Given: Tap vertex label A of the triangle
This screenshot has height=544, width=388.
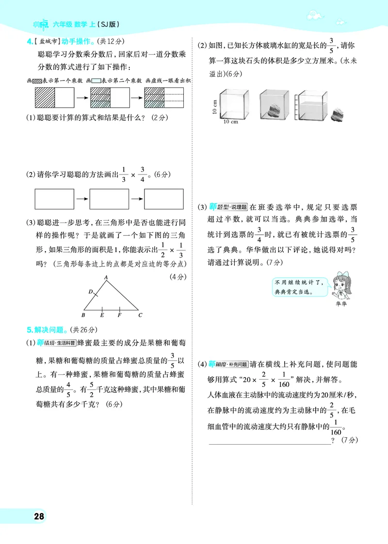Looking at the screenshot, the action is tap(105, 277).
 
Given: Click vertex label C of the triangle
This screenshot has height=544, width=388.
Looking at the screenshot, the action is tap(140, 315).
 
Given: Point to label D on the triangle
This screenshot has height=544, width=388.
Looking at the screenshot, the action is tap(91, 292).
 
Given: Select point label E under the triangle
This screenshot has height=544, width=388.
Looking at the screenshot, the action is tap(102, 315).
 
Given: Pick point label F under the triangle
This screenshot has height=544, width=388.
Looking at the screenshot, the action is tap(119, 315).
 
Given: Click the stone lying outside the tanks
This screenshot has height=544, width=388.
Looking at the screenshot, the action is tap(338, 115).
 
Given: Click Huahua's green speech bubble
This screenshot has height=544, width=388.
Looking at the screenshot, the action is tap(296, 287).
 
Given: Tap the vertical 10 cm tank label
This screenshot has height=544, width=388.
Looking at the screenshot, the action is tap(214, 106).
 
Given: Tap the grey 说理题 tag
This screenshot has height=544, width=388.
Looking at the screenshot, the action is tap(238, 207).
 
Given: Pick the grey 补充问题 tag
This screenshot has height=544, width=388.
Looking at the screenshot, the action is tap(238, 364).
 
